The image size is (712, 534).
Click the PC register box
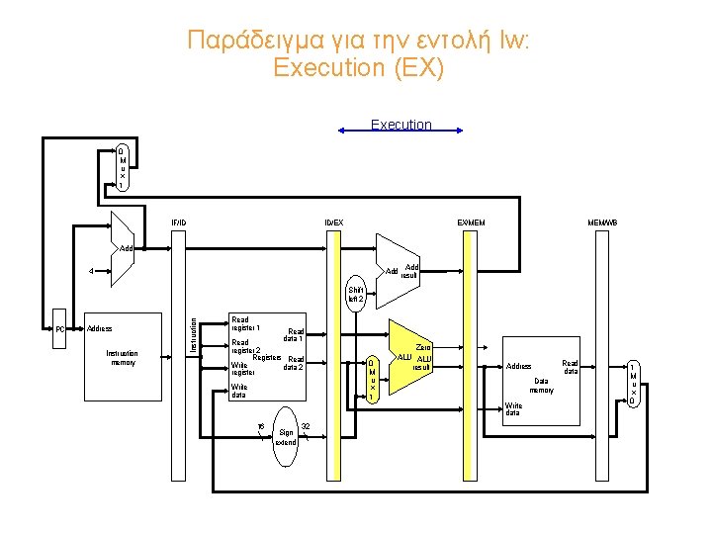tap(59, 328)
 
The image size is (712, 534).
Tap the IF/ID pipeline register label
tap(178, 222)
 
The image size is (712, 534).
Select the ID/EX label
tap(334, 222)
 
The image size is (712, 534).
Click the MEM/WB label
tap(602, 222)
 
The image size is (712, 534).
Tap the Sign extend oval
tap(287, 432)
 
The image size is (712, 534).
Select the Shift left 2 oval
tap(355, 294)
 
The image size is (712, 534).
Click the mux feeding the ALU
tap(372, 379)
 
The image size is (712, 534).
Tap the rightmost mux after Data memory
tap(633, 383)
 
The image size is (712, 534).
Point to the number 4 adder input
tap(91, 271)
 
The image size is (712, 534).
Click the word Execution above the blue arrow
tap(400, 125)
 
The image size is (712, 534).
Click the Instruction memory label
tap(122, 357)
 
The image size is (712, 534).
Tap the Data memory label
tap(541, 385)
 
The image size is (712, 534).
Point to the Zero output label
tap(423, 347)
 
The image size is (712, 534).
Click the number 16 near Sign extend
tap(260, 427)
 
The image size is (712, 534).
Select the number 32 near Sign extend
tap(306, 427)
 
